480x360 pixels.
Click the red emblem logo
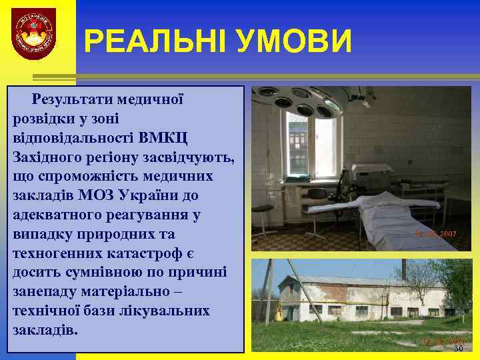click(33, 34)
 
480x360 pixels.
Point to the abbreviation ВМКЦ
click(165, 139)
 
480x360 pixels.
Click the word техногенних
click(50, 254)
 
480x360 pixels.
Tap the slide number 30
click(457, 349)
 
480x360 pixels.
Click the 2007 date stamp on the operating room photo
click(436, 235)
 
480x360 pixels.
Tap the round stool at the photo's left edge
click(263, 213)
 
